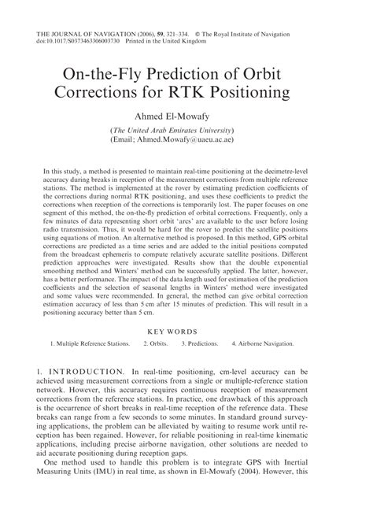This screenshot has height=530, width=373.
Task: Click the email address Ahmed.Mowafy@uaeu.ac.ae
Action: click(x=197, y=139)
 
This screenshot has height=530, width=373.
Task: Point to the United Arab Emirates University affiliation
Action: click(x=186, y=128)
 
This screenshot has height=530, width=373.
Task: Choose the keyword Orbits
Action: click(x=157, y=365)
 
